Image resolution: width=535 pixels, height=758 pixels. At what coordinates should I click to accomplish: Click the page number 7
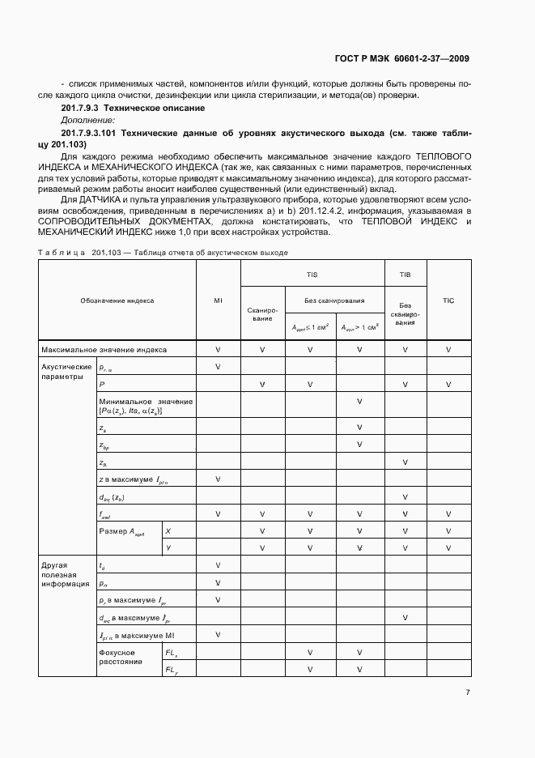pyautogui.click(x=468, y=692)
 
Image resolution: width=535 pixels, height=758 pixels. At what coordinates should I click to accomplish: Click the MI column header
pyautogui.click(x=219, y=300)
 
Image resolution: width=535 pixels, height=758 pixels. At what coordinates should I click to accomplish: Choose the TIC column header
pyautogui.click(x=448, y=300)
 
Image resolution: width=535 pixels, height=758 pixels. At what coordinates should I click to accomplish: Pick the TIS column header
pyautogui.click(x=312, y=275)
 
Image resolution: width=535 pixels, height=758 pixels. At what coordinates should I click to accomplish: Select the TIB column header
pyautogui.click(x=405, y=275)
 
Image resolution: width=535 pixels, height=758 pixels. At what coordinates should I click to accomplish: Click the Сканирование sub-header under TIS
pyautogui.click(x=262, y=313)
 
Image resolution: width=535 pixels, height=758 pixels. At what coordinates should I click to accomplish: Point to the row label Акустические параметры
pyautogui.click(x=62, y=371)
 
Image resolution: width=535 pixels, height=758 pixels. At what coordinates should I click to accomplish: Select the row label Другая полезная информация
pyautogui.click(x=61, y=577)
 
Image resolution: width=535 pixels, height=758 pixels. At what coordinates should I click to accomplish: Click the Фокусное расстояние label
pyautogui.click(x=117, y=656)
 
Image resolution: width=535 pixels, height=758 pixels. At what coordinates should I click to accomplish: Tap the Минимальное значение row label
pyautogui.click(x=146, y=406)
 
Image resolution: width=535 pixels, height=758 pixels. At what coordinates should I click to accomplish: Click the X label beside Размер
pyautogui.click(x=168, y=530)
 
